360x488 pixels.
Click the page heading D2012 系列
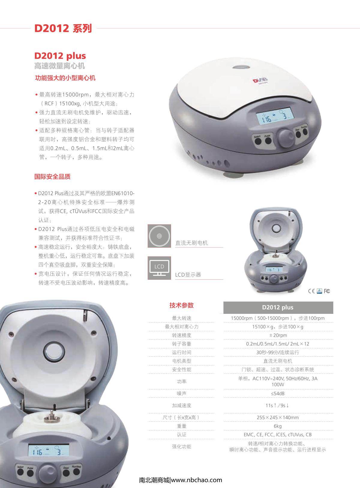pos(63,28)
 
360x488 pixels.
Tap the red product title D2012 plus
pos(60,56)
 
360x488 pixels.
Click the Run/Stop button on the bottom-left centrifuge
pos(76,472)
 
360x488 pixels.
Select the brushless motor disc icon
pos(159,236)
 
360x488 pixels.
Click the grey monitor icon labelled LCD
pos(159,268)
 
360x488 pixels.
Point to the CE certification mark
pos(312,291)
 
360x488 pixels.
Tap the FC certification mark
pos(327,291)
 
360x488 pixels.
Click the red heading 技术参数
pos(181,305)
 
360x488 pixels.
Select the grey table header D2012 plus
pos(278,308)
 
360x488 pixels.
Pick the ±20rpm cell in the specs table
pos(278,335)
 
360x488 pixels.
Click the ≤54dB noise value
pos(278,393)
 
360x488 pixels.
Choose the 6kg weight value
pos(278,426)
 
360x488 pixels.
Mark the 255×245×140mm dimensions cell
pos(278,417)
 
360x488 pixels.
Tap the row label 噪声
pos(181,393)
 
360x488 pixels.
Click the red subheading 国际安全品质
pos(52,177)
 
